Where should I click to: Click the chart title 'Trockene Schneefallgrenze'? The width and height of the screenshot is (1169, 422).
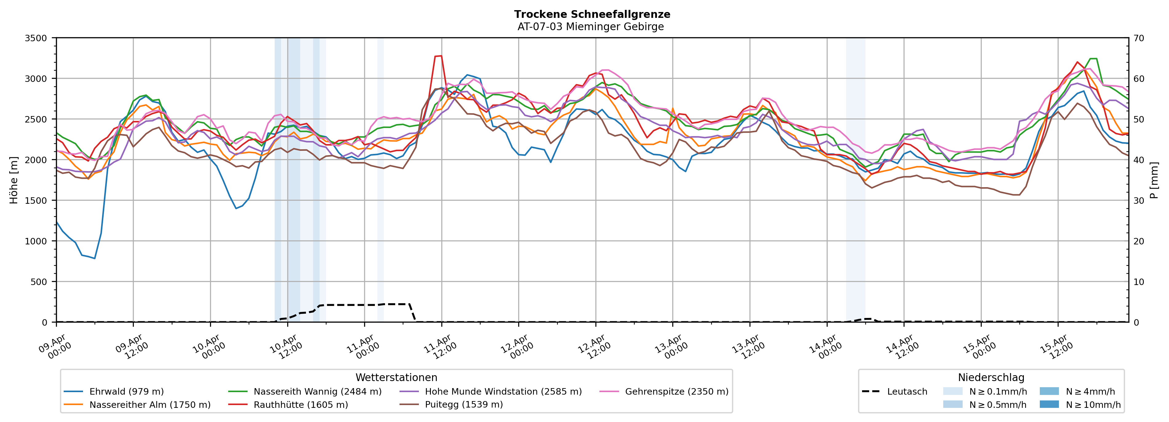(592, 14)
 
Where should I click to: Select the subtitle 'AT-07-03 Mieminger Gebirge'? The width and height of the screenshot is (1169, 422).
(590, 27)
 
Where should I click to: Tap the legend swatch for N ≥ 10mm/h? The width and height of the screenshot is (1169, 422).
(1049, 404)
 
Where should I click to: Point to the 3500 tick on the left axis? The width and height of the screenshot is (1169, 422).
(36, 38)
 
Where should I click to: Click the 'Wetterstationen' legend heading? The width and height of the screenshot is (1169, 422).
(396, 377)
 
